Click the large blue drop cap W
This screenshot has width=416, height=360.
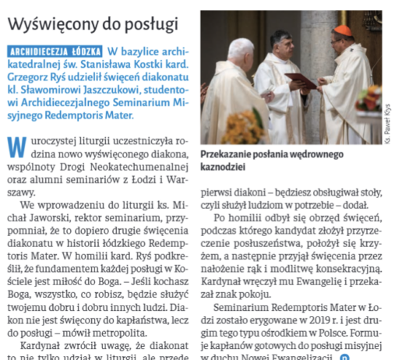click(x=14, y=146)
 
